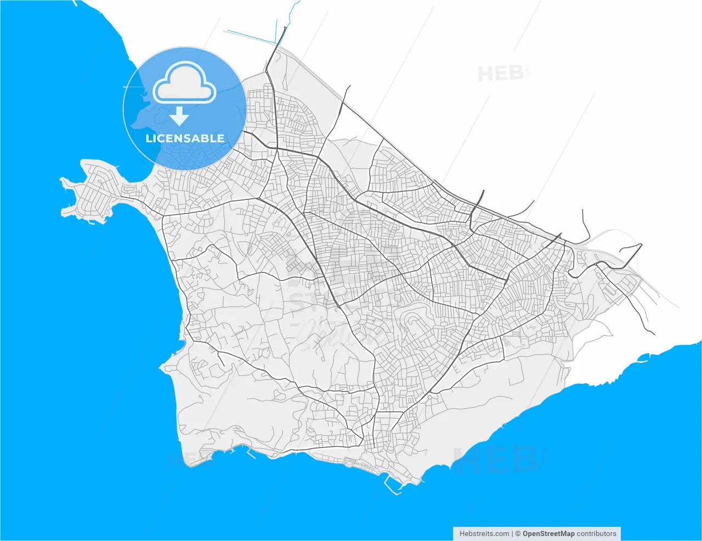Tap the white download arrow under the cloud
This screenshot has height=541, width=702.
point(179,117)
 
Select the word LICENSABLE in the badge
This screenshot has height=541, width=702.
point(185,138)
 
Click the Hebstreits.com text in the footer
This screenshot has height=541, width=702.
point(484,533)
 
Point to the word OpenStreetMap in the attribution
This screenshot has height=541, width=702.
point(548,533)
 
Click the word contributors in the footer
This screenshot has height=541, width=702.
point(597,533)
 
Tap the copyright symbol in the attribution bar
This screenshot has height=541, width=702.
point(518,533)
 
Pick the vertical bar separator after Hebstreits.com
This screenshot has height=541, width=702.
point(512,533)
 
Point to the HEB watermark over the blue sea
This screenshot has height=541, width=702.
point(494,460)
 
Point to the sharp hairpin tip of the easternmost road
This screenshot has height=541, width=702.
point(641,245)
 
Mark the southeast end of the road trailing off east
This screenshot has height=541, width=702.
point(654,334)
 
